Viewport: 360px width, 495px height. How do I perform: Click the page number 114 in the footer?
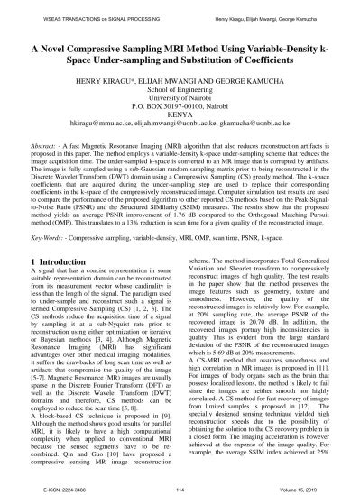(x=180, y=485)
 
